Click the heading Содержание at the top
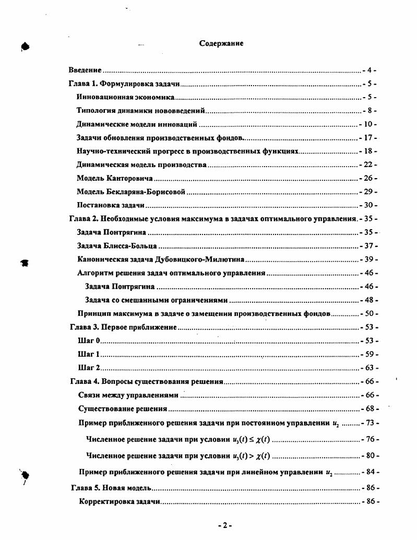click(221, 43)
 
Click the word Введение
click(85, 70)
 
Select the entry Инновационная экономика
click(125, 97)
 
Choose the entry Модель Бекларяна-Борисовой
click(131, 192)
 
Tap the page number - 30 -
click(368, 205)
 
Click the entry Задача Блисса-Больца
click(117, 245)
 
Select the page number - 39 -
click(369, 259)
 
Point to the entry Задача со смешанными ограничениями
click(157, 300)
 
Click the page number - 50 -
click(369, 314)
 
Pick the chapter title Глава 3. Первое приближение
click(123, 327)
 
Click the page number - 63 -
click(369, 368)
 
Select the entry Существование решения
click(123, 408)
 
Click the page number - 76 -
click(370, 440)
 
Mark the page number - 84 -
click(370, 473)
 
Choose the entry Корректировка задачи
click(120, 501)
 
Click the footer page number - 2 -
click(224, 525)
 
